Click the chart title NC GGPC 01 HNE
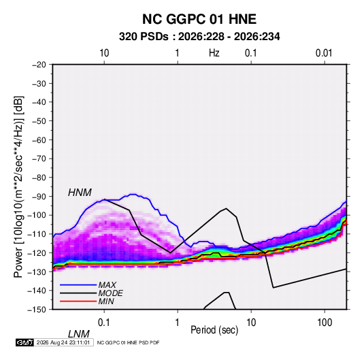199,19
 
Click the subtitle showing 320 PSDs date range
199,37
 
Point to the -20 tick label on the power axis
39,65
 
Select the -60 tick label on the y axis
39,140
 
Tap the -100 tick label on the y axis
37,215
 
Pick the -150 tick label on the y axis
37,310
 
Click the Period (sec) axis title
214,330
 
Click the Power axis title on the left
18,186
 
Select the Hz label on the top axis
214,53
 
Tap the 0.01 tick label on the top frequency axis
324,53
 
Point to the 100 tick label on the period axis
325,323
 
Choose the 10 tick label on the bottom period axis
251,323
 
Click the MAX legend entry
107,285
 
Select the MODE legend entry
110,293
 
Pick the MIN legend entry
106,301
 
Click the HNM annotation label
80,193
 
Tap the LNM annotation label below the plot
79,334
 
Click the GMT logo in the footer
24,342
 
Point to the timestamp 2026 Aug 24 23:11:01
63,342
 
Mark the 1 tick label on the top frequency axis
177,53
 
